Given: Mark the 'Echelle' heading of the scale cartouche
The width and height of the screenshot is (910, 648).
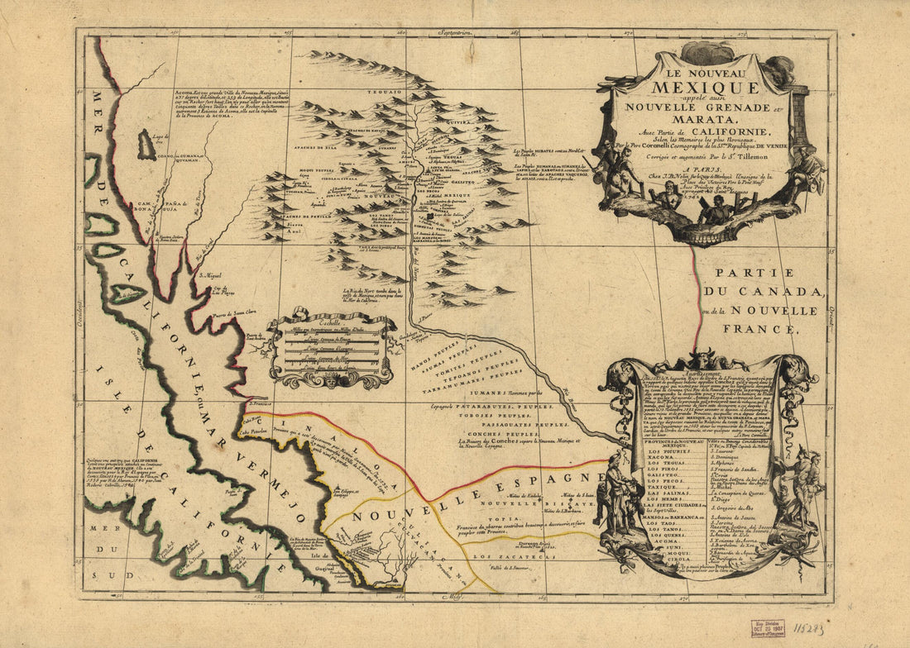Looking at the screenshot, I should click(328, 317).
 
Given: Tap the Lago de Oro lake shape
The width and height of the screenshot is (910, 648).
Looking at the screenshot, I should click(146, 145).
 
